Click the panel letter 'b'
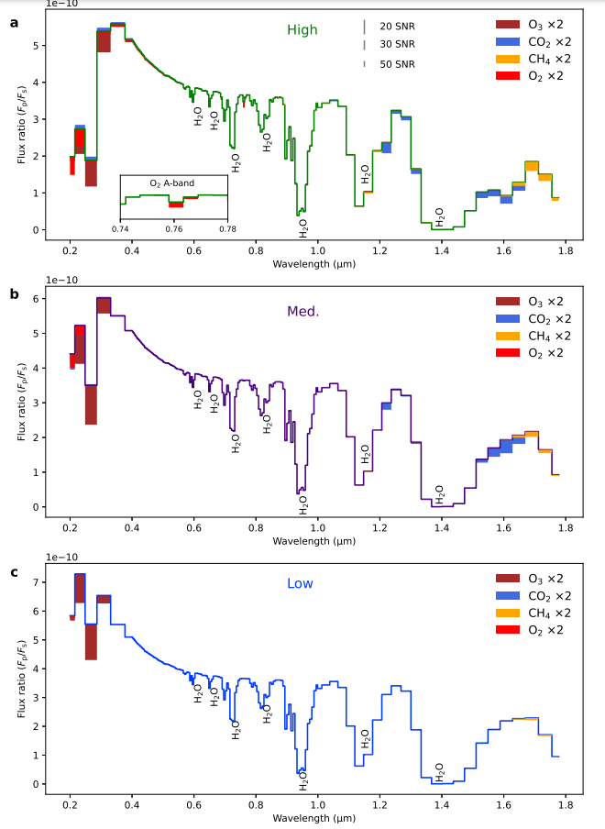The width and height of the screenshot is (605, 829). click(x=13, y=295)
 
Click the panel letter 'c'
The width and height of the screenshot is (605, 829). click(x=13, y=572)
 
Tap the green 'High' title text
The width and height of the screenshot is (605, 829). click(x=302, y=30)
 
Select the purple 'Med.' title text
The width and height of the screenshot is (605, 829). click(x=302, y=311)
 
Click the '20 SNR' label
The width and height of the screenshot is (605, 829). click(x=397, y=26)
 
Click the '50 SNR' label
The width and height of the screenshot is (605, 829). click(x=397, y=63)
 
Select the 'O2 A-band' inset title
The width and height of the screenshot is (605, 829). click(x=172, y=182)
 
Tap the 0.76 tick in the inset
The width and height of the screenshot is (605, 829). click(x=173, y=227)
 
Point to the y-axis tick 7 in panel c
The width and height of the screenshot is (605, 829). click(x=38, y=582)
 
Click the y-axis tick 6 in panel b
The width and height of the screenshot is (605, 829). click(x=38, y=299)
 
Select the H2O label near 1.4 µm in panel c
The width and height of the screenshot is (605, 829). click(x=439, y=770)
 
